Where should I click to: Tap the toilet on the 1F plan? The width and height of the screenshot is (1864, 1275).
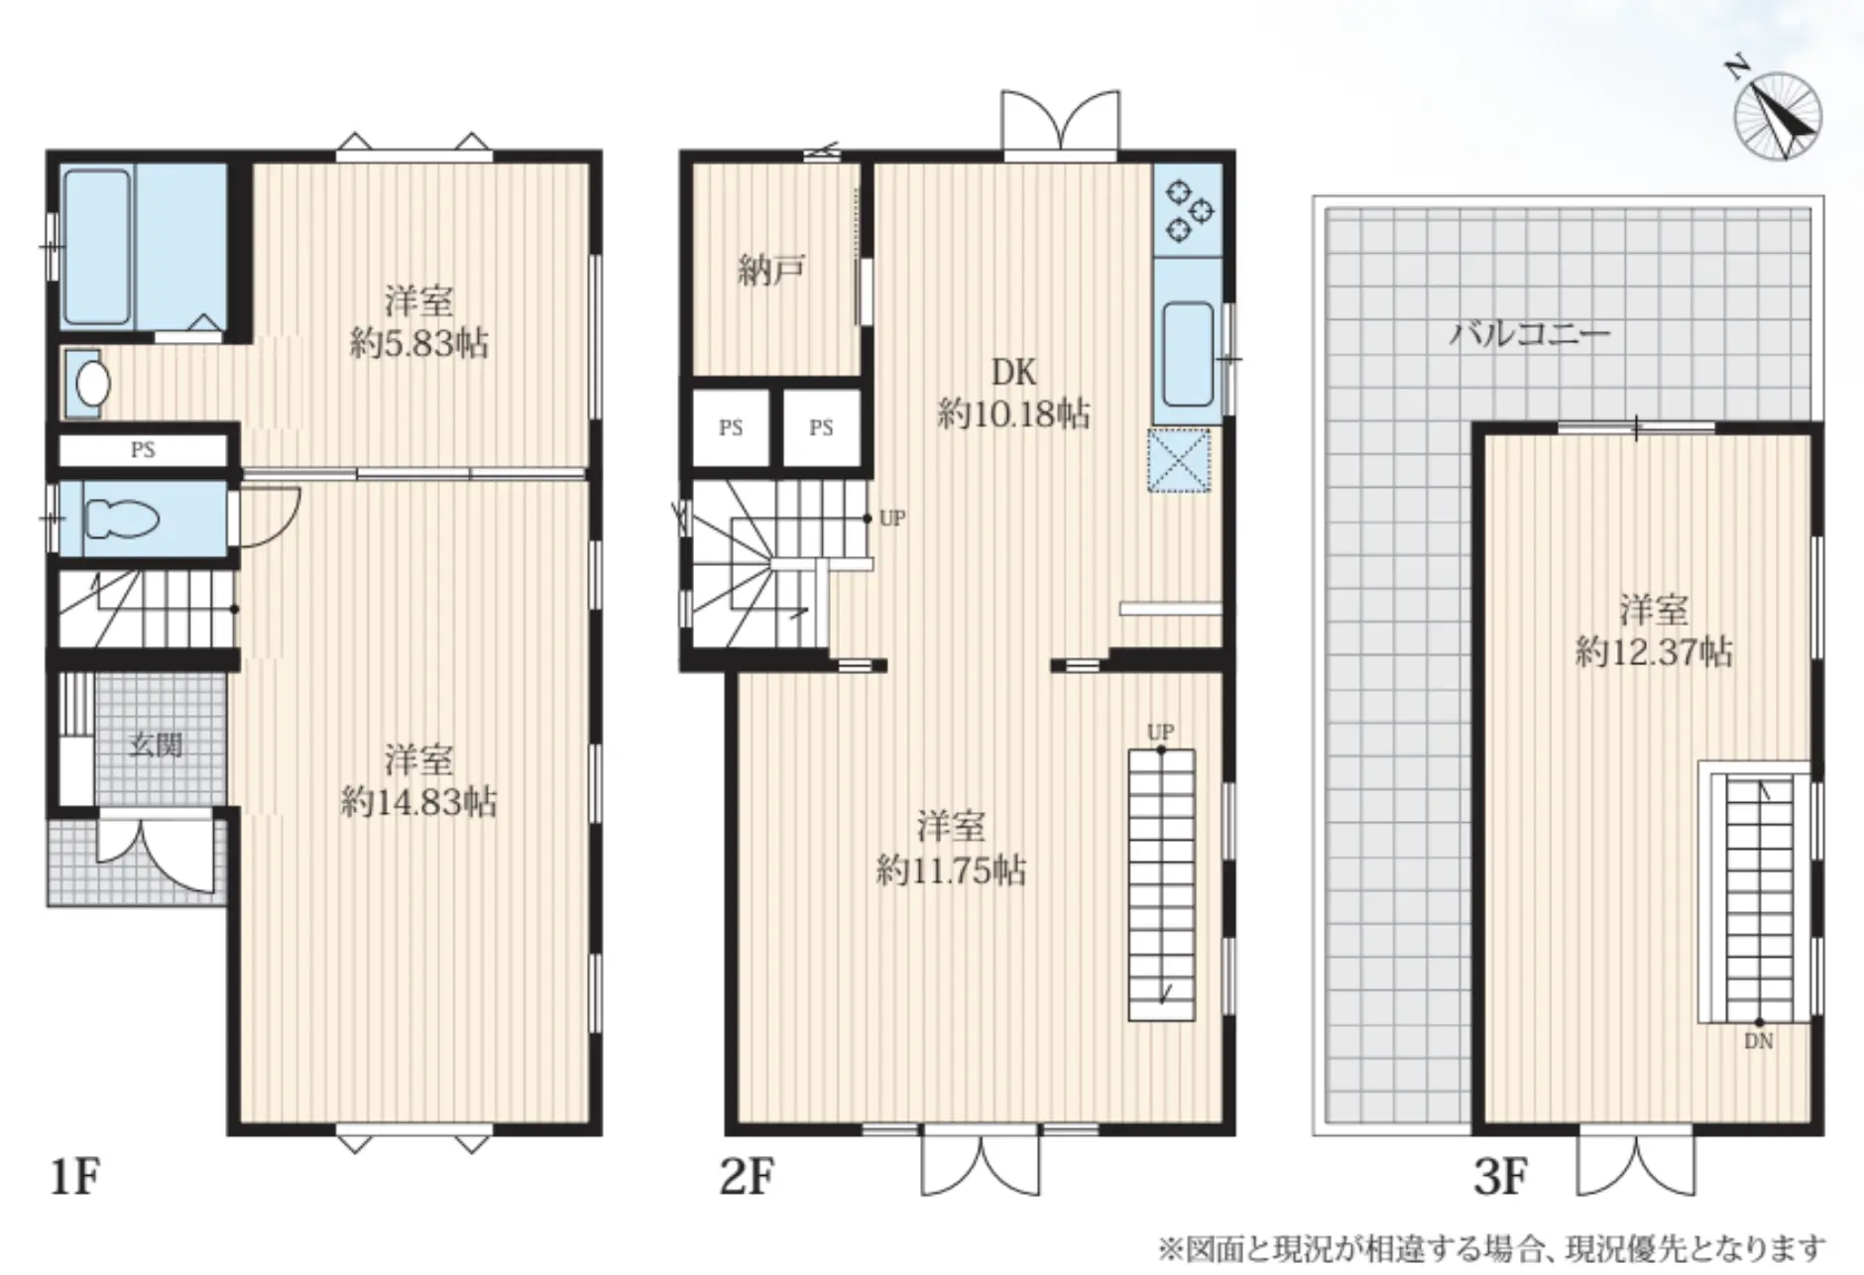point(122,518)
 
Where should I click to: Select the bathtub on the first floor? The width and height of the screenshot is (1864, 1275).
point(97,247)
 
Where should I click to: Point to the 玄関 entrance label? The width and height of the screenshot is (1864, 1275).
point(156,744)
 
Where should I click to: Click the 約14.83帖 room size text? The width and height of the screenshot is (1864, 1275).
point(418,801)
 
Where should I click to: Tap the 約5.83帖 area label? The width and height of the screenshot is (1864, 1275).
point(418,343)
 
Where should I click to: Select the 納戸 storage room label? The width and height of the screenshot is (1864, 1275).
point(771,270)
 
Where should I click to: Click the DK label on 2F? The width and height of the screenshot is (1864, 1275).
point(1014,372)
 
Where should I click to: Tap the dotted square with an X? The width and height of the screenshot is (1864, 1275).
point(1180,459)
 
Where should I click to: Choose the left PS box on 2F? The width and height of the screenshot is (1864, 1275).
point(731,428)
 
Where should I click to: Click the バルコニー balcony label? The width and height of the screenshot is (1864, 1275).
point(1530,333)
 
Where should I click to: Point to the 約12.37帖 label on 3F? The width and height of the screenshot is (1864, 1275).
point(1654,651)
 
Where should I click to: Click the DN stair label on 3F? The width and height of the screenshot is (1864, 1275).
point(1759,1042)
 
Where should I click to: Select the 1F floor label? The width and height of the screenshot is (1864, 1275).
point(75,1178)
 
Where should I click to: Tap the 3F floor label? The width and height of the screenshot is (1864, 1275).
point(1499,1178)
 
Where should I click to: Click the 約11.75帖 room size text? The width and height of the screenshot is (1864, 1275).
point(951,870)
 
